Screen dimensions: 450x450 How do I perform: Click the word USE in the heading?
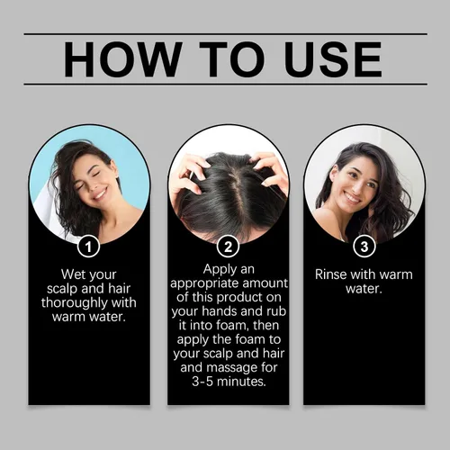tap(334, 59)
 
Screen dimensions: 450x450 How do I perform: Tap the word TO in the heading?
tap(233, 59)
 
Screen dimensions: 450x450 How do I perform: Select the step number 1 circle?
tap(88, 247)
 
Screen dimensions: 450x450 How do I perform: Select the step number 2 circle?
tap(228, 247)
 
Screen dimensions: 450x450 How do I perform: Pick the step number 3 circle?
tap(364, 247)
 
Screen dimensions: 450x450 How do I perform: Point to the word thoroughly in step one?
tap(75, 303)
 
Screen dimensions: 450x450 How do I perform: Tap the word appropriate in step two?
tap(204, 284)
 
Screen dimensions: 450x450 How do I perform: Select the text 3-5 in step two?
tap(202, 382)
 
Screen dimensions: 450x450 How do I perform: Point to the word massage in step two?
tap(236, 368)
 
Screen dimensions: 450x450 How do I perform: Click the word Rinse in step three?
tap(330, 274)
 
